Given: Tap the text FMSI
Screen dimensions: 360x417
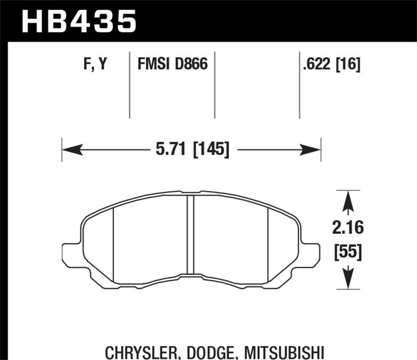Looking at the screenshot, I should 154,65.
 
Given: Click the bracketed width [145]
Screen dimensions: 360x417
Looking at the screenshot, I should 211,150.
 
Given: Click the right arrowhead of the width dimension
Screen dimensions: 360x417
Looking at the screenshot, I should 311,151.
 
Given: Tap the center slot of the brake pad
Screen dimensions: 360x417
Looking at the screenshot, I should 190,234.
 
